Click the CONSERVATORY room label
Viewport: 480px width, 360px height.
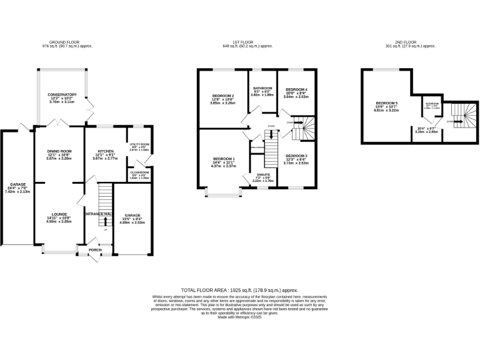click(61, 94)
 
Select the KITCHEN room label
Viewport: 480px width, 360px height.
click(104, 151)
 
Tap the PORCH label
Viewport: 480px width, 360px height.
click(95, 249)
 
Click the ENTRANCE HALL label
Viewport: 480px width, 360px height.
click(98, 214)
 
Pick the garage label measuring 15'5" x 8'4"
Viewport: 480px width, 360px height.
click(132, 215)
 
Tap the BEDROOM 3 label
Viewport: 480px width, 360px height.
click(296, 155)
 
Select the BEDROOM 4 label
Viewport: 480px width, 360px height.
click(296, 90)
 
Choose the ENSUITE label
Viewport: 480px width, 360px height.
click(262, 174)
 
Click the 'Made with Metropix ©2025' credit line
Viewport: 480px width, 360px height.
click(239, 317)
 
